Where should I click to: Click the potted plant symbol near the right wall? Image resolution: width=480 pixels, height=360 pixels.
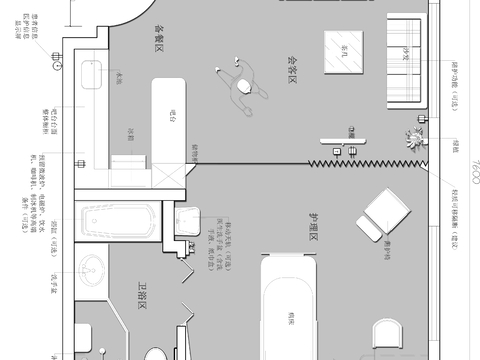click(414, 139)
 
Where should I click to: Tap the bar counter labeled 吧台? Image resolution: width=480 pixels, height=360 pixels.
click(171, 117)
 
